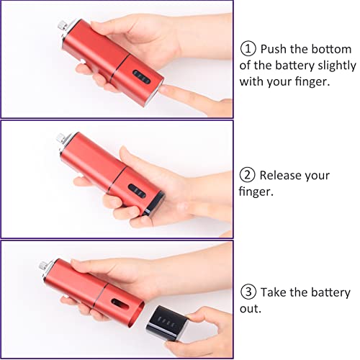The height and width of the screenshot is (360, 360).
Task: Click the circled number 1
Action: pos(248,49)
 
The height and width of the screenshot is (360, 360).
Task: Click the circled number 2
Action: pos(248,175)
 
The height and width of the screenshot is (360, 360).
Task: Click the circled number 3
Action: pos(248,292)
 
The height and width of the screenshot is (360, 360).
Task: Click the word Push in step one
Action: pos(274,49)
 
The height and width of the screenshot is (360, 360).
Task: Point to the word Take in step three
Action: pos(274,292)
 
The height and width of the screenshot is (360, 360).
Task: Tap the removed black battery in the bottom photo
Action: pos(167,323)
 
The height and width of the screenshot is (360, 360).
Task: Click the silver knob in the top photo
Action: pos(63,24)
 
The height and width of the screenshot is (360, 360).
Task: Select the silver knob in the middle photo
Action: pos(60,138)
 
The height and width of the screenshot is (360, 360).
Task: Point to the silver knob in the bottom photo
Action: pos(43,266)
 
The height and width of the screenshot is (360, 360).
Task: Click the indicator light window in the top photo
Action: pos(142,77)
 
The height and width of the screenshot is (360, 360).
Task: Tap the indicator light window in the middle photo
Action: pos(137,191)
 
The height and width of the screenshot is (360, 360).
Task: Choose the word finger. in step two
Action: pos(256,192)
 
